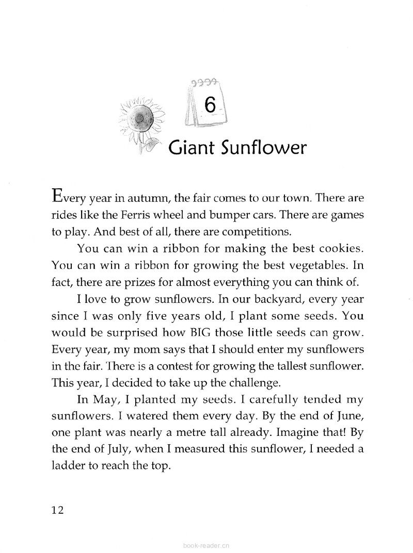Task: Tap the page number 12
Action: pos(58,510)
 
